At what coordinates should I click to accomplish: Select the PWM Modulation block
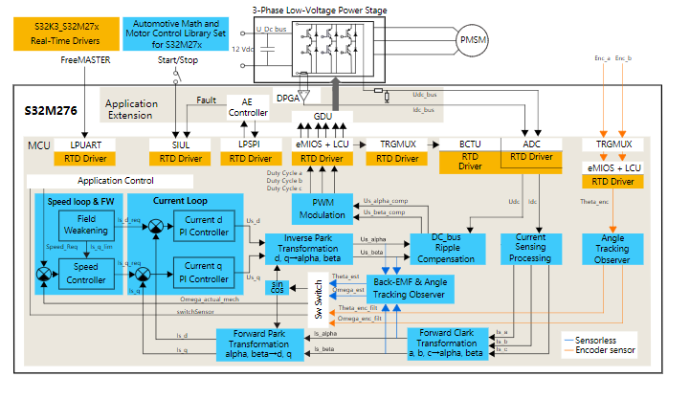pos(321,210)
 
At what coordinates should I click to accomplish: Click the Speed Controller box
pos(84,274)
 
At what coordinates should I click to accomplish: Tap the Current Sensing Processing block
pos(531,249)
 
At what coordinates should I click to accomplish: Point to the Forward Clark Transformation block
pos(447,343)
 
